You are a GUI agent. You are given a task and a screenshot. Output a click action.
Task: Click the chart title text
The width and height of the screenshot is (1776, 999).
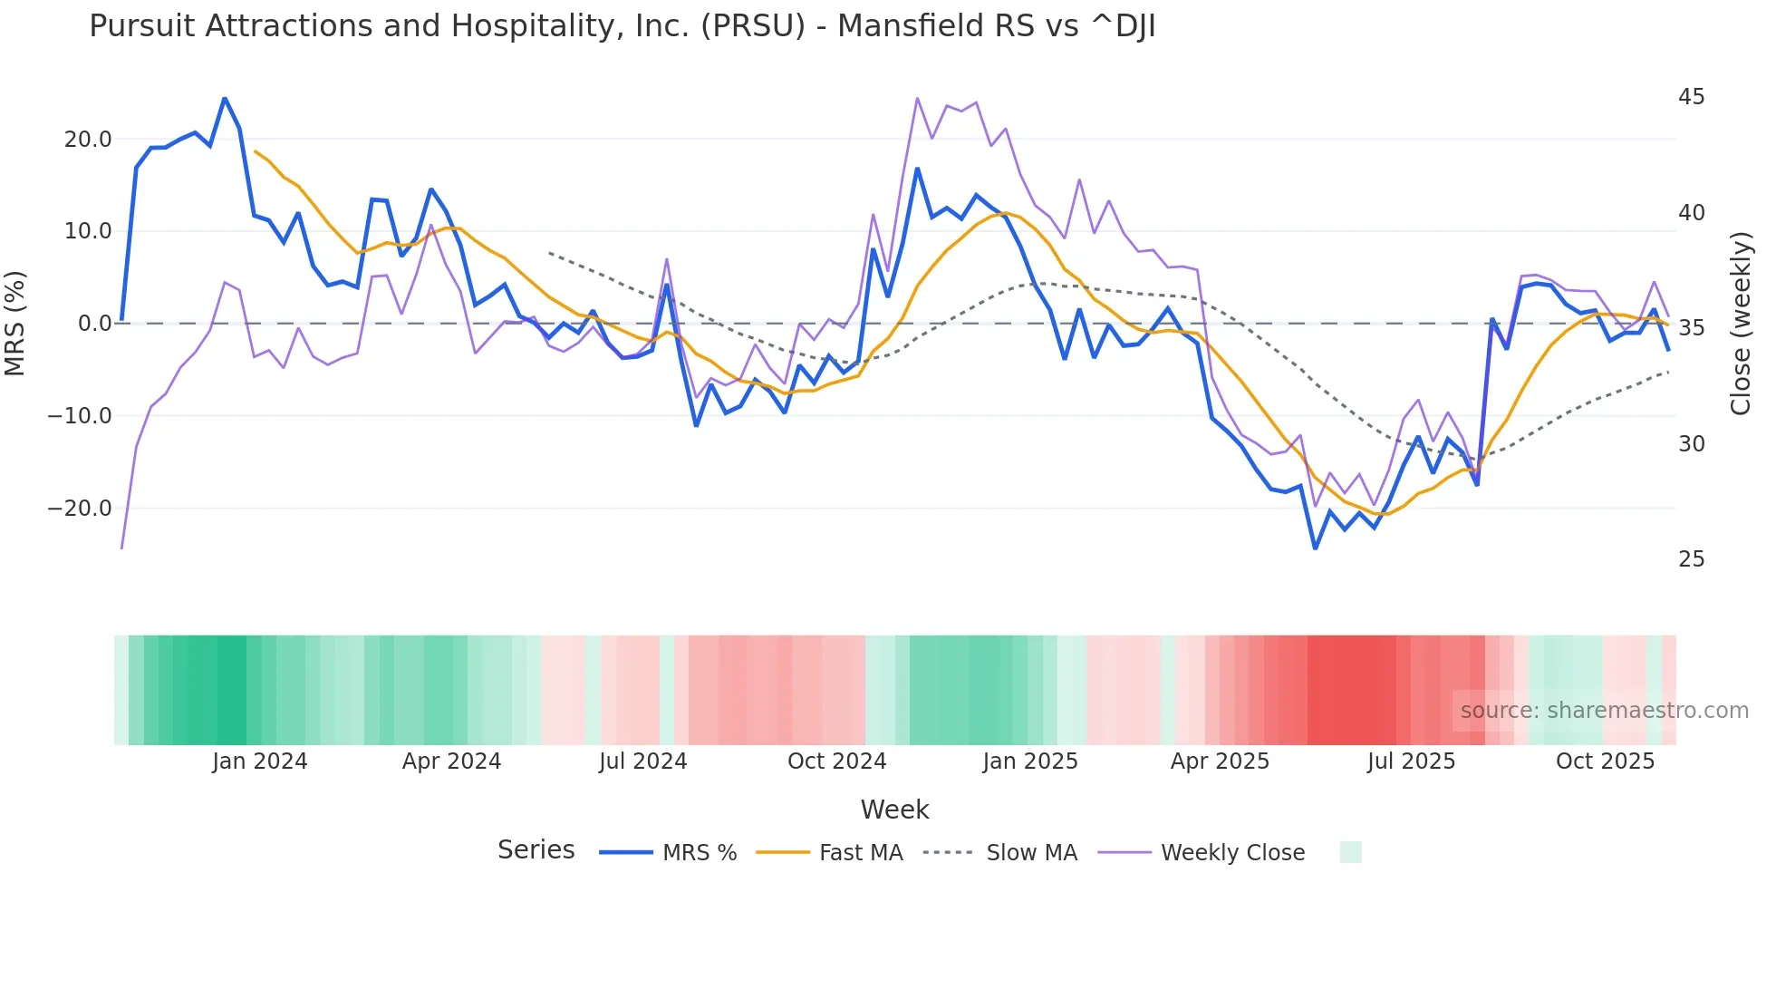pos(622,26)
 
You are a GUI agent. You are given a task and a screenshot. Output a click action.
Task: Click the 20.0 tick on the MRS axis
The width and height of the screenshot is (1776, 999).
pos(88,140)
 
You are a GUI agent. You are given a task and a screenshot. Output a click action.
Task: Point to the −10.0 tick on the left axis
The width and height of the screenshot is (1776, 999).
pos(80,416)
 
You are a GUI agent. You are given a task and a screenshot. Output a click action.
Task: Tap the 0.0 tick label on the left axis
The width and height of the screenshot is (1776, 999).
pos(95,324)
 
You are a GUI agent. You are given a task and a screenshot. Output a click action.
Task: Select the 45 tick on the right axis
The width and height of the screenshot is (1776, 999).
pos(1691,97)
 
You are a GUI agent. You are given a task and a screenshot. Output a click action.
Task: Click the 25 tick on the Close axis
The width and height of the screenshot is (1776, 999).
pos(1691,559)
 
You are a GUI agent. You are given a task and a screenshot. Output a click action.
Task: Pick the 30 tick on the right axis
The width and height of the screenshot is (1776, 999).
pos(1691,444)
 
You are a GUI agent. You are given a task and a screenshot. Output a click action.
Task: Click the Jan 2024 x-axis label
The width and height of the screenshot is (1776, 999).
pos(260,761)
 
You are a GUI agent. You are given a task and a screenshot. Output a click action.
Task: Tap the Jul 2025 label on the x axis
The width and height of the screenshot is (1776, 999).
pos(1411,761)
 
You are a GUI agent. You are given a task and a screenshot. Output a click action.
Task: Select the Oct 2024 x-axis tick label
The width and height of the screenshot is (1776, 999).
pos(836,761)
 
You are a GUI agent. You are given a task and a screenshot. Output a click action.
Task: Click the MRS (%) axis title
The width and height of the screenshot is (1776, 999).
pos(15,324)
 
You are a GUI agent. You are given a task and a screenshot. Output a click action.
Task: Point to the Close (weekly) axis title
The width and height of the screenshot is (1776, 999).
pos(1741,324)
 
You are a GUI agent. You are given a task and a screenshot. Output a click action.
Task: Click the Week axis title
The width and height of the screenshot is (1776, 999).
pos(894,810)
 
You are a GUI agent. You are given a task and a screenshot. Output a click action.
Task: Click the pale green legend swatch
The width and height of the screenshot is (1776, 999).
pos(1350,852)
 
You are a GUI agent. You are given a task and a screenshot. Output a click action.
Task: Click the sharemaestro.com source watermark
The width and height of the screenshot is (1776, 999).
pos(1604,711)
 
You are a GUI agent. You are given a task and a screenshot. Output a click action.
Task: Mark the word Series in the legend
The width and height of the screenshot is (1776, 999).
pos(536,850)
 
